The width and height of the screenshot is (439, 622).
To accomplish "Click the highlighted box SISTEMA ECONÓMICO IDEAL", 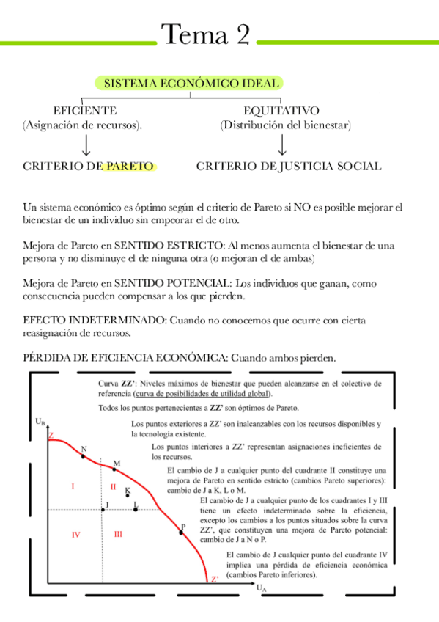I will click(191, 84).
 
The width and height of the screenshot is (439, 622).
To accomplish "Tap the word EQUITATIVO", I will click(281, 111).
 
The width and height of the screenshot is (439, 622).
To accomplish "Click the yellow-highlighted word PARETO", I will click(128, 167).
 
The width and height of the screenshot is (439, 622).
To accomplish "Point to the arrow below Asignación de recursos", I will click(86, 144).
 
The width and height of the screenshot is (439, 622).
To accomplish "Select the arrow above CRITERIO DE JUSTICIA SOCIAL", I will click(282, 144).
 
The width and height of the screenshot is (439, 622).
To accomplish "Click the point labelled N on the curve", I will click(83, 456).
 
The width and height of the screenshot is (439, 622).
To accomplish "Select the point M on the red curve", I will click(114, 469).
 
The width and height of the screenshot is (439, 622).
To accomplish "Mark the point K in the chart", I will click(128, 496).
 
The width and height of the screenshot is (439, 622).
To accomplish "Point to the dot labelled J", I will click(103, 509).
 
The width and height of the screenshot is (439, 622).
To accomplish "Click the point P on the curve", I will click(181, 533).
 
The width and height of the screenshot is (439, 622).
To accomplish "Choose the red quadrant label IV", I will click(75, 535).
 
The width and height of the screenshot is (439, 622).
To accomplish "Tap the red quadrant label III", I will click(118, 535).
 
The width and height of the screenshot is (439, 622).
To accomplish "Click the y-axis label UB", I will click(40, 422).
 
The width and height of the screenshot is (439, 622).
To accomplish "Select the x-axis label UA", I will click(262, 588).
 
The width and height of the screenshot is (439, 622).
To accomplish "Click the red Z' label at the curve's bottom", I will click(214, 579).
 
